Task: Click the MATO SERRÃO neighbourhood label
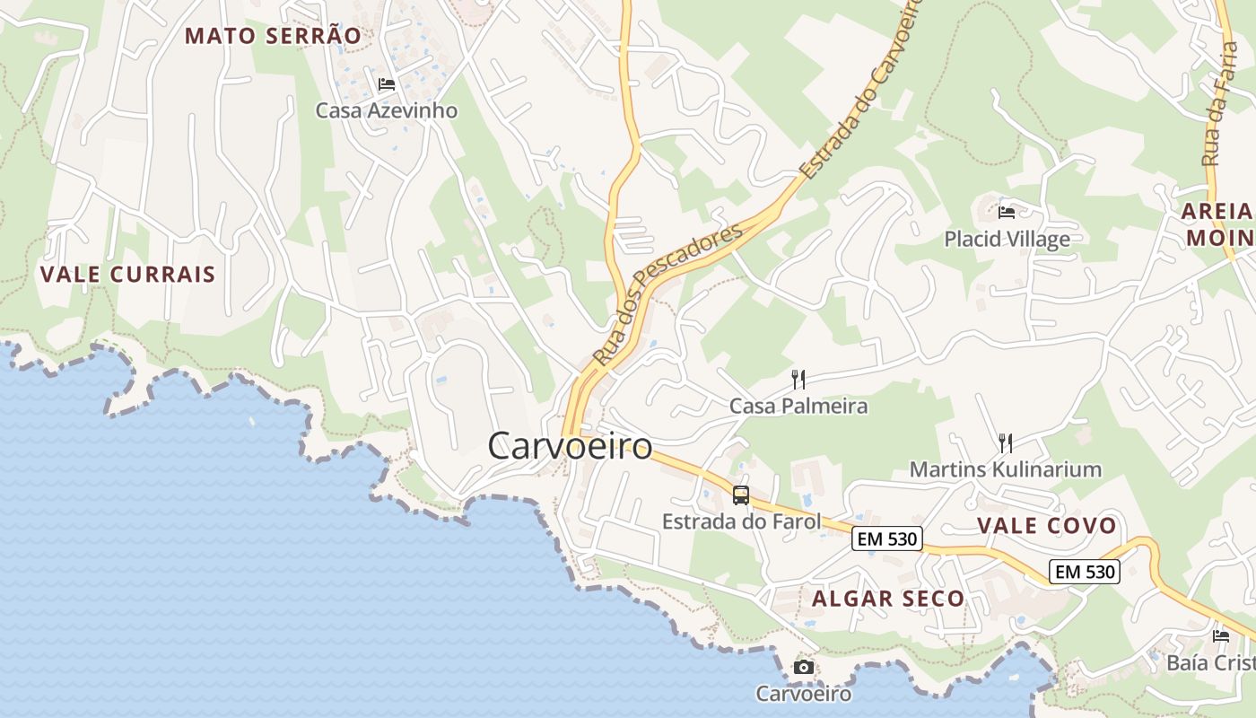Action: pos(273,36)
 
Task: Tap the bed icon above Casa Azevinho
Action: pos(387,84)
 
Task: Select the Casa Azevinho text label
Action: pos(386,110)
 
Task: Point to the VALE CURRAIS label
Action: pos(128,275)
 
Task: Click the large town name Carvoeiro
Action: pos(570,446)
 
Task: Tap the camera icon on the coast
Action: pos(804,667)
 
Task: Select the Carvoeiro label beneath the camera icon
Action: pos(803,694)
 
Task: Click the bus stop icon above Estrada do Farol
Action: pos(741,495)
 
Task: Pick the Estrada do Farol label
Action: pos(741,521)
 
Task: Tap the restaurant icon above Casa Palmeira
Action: pos(798,380)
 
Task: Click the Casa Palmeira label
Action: pos(798,407)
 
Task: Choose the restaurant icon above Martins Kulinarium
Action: pos(1006,442)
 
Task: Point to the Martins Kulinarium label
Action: pos(1006,469)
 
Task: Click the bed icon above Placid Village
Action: pos(1007,213)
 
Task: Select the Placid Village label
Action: pos(1007,239)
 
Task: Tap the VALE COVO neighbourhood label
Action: pos(1046,526)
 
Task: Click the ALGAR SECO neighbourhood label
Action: pos(888,599)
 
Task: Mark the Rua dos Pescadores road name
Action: pos(668,293)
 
